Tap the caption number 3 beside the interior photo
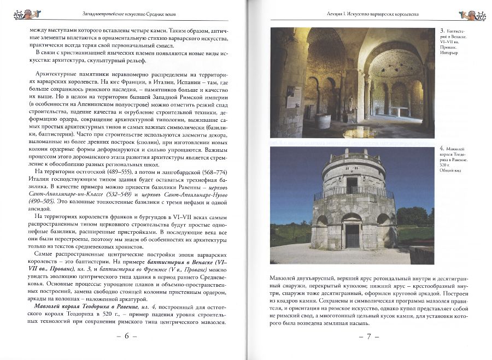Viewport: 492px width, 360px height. (x=442, y=30)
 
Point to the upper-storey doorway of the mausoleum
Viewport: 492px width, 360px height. (x=352, y=184)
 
